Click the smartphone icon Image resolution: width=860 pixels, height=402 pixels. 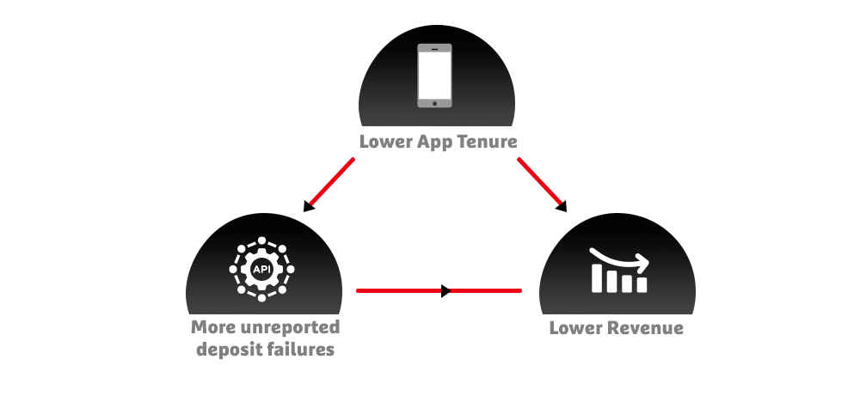(x=435, y=76)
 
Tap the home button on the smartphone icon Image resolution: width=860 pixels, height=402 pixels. (x=435, y=102)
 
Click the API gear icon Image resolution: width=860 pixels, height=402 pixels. (x=261, y=269)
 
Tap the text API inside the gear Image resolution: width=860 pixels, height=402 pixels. (x=261, y=269)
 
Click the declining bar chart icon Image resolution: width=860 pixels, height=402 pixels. (x=618, y=270)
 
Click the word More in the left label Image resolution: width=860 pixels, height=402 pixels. (x=212, y=327)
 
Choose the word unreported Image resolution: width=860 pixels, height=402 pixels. (x=288, y=327)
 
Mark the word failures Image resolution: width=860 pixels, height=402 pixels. (x=300, y=349)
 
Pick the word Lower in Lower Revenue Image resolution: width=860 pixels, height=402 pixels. (x=574, y=327)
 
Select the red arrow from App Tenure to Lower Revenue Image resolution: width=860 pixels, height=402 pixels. (x=541, y=183)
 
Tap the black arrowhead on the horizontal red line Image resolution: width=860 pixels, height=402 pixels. (x=445, y=291)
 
